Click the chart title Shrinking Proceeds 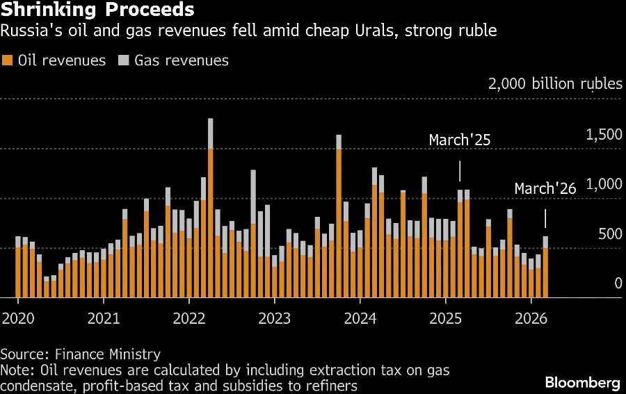point(97,10)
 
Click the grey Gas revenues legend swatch point(124,60)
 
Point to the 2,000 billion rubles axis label point(555,84)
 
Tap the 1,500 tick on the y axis point(604,135)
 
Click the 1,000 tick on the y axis point(604,184)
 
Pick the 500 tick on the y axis point(609,233)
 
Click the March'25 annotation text point(460,140)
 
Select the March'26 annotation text point(545,189)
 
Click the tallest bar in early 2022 point(210,208)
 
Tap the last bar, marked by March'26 point(545,268)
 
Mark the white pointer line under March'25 point(460,171)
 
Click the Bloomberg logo point(582,382)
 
